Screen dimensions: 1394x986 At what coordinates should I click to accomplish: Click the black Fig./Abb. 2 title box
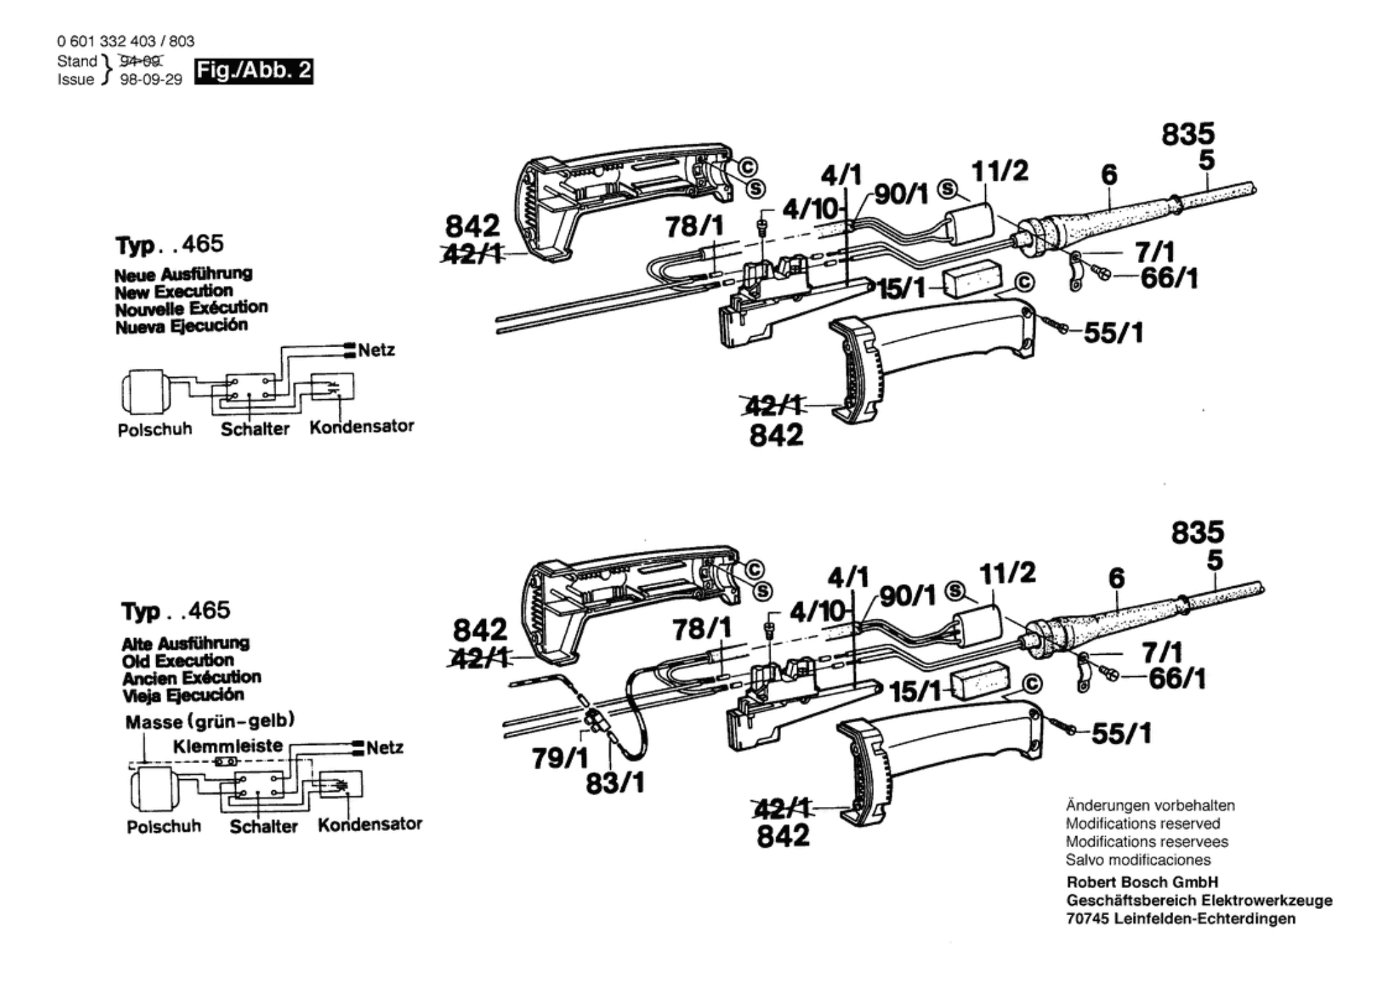(x=253, y=71)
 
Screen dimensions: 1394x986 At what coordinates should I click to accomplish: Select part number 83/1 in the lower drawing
(x=615, y=783)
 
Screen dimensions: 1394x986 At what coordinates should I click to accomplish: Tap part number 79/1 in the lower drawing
(x=560, y=758)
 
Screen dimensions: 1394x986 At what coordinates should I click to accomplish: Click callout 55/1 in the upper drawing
(x=1114, y=333)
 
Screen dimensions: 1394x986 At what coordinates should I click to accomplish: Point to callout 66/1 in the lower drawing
(x=1177, y=678)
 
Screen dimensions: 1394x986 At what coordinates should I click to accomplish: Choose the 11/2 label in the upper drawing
(x=1000, y=171)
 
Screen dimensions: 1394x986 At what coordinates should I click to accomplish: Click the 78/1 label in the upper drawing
(x=694, y=226)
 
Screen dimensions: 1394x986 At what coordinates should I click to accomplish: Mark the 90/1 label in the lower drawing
(x=908, y=595)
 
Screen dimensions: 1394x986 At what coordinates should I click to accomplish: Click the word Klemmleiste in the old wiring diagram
(x=228, y=746)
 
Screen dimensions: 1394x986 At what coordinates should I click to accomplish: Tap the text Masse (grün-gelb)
(x=210, y=721)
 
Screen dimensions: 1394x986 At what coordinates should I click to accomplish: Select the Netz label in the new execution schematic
(x=376, y=350)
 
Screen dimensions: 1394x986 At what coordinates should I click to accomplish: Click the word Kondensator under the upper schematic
(x=362, y=426)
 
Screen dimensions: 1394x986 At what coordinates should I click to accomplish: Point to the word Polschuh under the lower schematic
(x=164, y=826)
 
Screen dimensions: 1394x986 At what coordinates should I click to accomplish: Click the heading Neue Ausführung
(x=183, y=274)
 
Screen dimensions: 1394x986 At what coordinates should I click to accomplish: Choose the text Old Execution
(x=178, y=660)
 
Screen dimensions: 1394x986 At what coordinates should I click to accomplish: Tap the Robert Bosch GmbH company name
(x=1142, y=883)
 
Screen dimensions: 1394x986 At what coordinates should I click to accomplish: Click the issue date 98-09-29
(x=151, y=80)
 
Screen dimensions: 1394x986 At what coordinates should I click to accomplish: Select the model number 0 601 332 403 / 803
(x=126, y=41)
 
